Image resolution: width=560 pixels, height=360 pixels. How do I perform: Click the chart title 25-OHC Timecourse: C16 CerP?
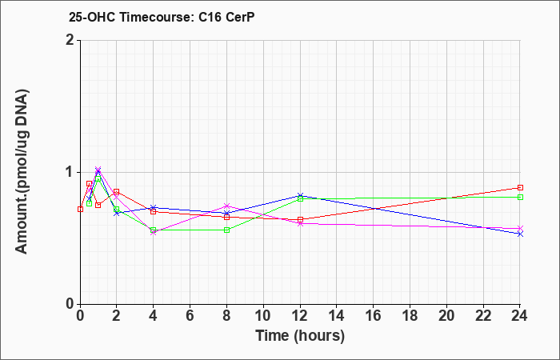[162, 17]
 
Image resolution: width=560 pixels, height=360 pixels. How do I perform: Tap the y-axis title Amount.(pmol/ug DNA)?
[22, 172]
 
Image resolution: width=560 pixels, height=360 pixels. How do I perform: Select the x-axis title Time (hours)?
[300, 336]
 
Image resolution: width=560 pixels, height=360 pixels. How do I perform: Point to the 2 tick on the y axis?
[72, 40]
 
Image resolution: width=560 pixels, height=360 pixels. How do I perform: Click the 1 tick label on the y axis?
[72, 172]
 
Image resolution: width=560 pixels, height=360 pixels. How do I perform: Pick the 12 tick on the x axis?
[300, 316]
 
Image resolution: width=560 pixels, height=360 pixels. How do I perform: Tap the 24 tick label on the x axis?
[520, 316]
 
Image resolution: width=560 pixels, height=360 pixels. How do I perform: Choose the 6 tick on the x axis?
[190, 316]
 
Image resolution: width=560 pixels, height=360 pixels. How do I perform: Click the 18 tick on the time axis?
[410, 316]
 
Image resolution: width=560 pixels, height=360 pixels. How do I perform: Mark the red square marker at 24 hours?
[520, 187]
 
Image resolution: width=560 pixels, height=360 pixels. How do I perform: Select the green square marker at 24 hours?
[520, 197]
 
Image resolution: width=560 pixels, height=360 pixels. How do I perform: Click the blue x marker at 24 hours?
[520, 234]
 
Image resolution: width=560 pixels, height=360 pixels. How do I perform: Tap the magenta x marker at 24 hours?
[520, 228]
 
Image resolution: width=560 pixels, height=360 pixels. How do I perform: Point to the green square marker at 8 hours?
[226, 230]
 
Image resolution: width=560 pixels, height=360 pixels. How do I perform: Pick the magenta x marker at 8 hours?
[226, 206]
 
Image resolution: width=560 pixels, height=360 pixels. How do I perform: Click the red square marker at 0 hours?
[80, 209]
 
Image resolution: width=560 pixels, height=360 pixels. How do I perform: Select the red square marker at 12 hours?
[300, 220]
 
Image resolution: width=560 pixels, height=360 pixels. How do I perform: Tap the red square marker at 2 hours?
[117, 192]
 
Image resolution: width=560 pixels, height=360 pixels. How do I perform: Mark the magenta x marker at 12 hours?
[300, 223]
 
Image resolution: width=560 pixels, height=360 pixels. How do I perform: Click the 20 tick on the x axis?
[446, 316]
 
